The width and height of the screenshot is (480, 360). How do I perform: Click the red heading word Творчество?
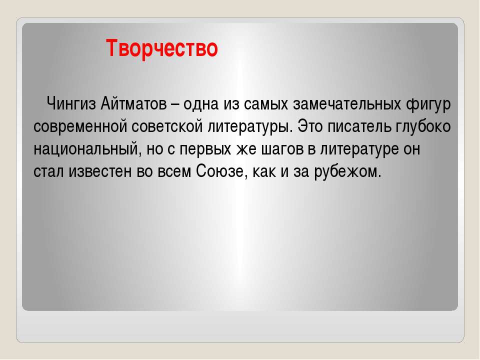pyautogui.click(x=162, y=48)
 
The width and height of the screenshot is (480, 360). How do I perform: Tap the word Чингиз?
pyautogui.click(x=71, y=104)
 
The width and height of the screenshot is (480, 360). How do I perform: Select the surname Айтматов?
pyautogui.click(x=133, y=104)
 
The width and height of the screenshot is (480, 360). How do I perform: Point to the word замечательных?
pyautogui.click(x=347, y=104)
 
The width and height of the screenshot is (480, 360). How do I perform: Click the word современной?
pyautogui.click(x=80, y=126)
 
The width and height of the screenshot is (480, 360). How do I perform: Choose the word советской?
pyautogui.click(x=167, y=126)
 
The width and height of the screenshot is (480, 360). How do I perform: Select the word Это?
pyautogui.click(x=310, y=126)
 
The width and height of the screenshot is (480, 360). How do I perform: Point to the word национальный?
pyautogui.click(x=86, y=149)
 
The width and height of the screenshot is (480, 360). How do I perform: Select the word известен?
pyautogui.click(x=100, y=171)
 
